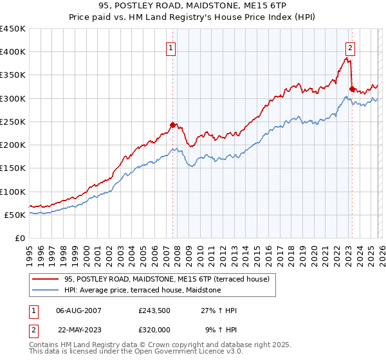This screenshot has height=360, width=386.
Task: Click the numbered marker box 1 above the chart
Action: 172,47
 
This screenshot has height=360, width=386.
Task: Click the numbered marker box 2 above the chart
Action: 351,47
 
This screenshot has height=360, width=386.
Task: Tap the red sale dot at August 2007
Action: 172,125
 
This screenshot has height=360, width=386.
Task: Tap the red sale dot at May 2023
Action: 351,89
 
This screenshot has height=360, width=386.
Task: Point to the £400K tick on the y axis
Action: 13,52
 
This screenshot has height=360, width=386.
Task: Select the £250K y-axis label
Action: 13,122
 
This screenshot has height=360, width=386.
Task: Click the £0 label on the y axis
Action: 19,238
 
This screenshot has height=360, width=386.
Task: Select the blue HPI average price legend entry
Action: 142,291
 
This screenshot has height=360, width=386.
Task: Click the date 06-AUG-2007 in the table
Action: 78,310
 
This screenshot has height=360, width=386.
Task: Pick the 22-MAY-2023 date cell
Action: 78,328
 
